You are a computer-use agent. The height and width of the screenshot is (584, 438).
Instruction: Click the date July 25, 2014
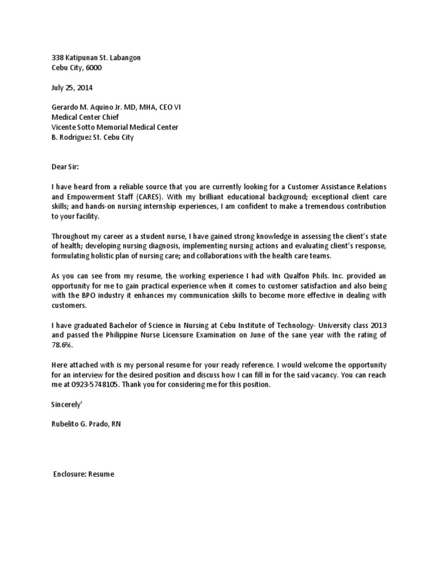point(72,88)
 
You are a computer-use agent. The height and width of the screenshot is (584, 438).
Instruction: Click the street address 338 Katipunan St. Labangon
point(96,58)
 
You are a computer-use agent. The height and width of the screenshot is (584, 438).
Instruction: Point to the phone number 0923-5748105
point(88,386)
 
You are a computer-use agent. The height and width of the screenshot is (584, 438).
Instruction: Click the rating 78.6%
point(63,345)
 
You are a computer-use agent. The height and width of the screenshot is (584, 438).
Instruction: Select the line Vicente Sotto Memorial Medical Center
point(115,127)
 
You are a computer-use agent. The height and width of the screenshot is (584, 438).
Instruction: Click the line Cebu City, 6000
point(77,68)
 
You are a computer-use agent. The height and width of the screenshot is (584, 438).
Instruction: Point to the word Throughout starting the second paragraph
point(72,236)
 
